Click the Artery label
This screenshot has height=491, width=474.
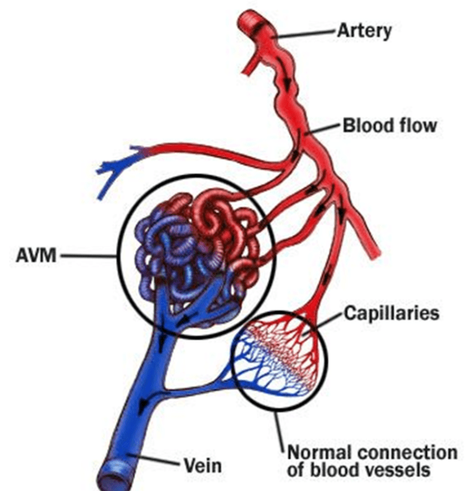[x=365, y=31]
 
